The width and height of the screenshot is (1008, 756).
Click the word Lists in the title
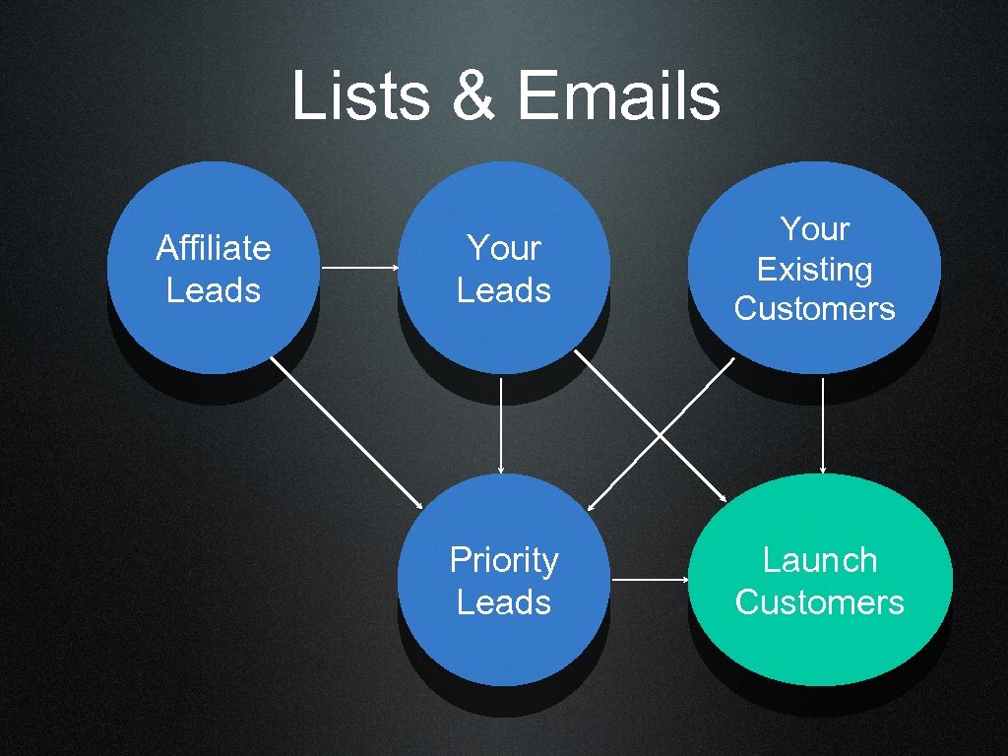tap(359, 97)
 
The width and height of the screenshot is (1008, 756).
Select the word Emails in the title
tap(618, 97)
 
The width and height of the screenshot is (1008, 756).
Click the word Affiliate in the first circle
tap(214, 247)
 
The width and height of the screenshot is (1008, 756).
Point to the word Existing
tap(814, 269)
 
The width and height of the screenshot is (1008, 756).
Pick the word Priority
tap(504, 560)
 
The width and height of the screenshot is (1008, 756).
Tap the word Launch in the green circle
tap(819, 560)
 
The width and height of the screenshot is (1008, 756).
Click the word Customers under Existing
tap(814, 308)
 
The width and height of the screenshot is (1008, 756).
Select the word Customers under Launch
tap(819, 601)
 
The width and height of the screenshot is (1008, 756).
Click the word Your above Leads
tap(504, 247)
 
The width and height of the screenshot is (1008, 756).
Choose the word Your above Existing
tap(814, 228)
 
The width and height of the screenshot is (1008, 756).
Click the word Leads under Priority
tap(504, 601)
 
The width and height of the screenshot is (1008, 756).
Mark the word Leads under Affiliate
tap(214, 290)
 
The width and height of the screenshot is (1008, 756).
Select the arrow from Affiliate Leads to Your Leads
tap(359, 268)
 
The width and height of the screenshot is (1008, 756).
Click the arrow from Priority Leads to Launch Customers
tap(650, 580)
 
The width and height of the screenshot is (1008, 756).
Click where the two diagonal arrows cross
tap(659, 434)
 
